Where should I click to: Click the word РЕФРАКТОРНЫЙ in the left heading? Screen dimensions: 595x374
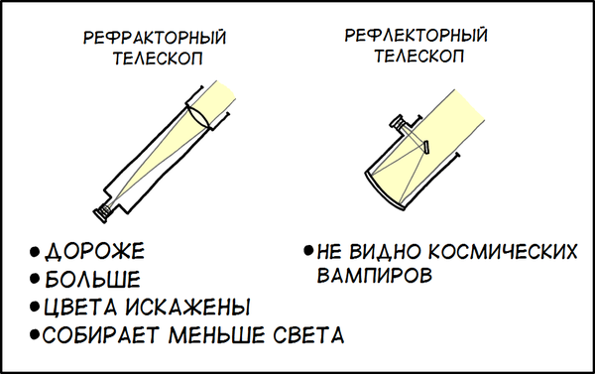(155, 38)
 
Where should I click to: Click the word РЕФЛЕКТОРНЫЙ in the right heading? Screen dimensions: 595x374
(416, 35)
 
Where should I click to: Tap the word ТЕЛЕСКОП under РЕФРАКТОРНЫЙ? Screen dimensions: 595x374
(158, 59)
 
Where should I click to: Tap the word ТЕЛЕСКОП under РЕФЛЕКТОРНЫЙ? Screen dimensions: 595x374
(419, 56)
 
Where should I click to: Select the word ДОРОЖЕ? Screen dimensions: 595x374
(95, 251)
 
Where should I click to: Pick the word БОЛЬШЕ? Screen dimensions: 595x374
(92, 279)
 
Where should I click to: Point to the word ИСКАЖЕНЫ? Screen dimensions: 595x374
(187, 307)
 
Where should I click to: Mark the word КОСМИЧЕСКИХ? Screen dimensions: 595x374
(503, 251)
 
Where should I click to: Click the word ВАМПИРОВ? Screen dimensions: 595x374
(375, 275)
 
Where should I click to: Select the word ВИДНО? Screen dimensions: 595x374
(385, 251)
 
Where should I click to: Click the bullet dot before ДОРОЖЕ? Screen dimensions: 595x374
(35, 252)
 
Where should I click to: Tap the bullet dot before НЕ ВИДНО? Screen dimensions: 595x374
(308, 251)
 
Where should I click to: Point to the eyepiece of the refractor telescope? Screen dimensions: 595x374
(102, 213)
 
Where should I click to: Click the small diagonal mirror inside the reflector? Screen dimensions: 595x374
(426, 148)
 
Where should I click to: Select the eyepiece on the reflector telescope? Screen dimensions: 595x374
(400, 123)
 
